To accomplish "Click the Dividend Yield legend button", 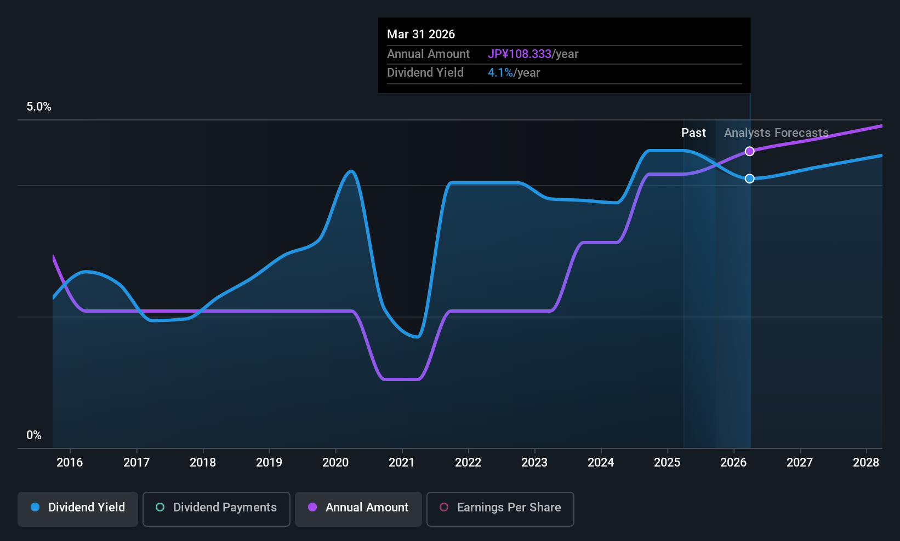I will tap(78, 508).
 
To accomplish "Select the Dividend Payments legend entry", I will tap(217, 508).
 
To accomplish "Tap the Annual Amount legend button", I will tap(358, 508).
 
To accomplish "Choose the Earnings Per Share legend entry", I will tap(500, 508).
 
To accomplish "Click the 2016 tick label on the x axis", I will tap(70, 463).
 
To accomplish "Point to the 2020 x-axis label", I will tap(335, 463).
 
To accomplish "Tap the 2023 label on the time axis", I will tap(534, 463).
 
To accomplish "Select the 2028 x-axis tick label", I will tap(866, 463).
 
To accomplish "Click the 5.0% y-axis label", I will tap(39, 107).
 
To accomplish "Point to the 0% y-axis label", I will tap(34, 435).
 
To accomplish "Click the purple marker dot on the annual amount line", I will tap(750, 151).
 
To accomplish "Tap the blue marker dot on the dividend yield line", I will tap(750, 179).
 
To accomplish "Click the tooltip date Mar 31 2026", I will tap(421, 34).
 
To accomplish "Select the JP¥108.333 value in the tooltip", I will tap(520, 54).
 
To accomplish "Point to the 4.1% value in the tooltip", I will tap(500, 73).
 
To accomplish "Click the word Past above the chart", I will tap(693, 133).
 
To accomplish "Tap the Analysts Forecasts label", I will tap(776, 133).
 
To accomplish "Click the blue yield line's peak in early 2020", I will tap(351, 171).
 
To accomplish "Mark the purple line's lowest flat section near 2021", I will tap(402, 379).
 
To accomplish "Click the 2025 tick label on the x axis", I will tap(667, 463).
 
